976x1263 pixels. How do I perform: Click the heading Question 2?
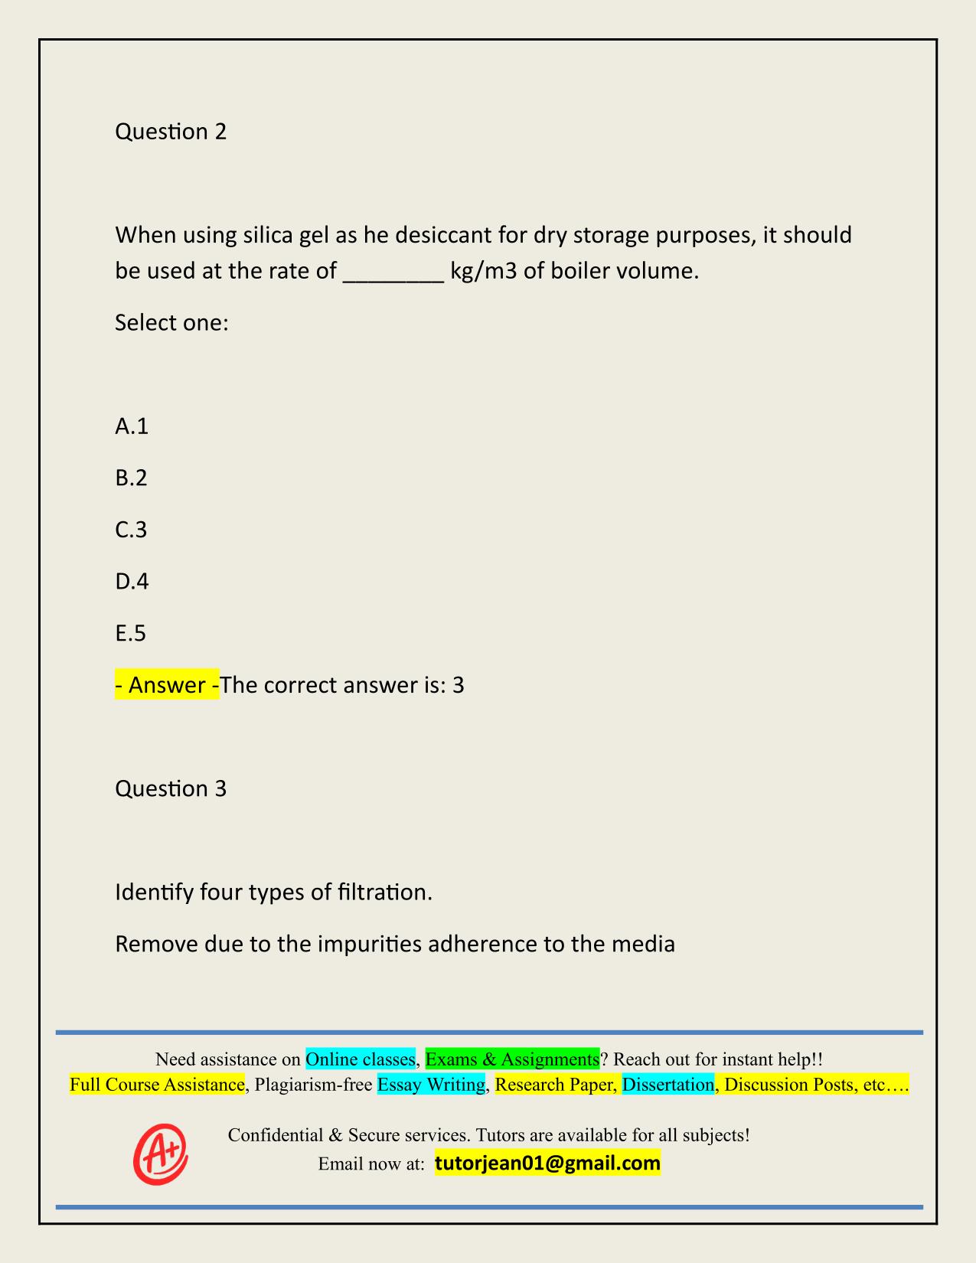coord(171,132)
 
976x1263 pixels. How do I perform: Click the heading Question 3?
coord(171,788)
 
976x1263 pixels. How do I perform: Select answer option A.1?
coord(132,426)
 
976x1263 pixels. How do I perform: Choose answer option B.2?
coord(131,478)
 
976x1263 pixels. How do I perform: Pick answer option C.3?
coord(131,530)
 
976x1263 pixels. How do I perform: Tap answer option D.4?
coord(132,582)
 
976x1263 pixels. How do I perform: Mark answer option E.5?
coord(130,633)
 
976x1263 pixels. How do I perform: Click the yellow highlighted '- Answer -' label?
coord(167,685)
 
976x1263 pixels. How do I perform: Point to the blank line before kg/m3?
coord(393,273)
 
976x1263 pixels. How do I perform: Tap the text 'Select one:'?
coord(172,322)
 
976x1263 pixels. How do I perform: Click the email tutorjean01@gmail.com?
coord(547,1163)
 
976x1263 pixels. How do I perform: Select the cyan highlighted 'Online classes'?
coord(360,1059)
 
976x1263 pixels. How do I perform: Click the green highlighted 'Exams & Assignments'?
coord(512,1059)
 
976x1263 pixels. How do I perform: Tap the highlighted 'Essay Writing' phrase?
coord(432,1085)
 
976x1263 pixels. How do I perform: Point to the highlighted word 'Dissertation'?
coord(668,1085)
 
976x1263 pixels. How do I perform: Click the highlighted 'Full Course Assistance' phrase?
coord(157,1085)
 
